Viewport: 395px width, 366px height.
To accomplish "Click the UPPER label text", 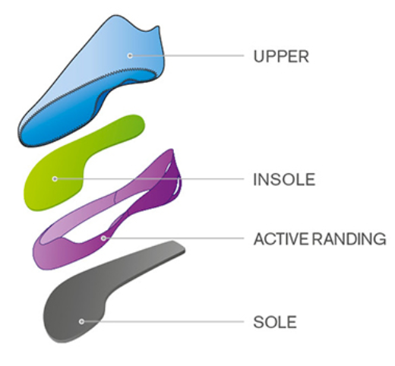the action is [281, 56].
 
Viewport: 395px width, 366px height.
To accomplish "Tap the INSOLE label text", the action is [284, 179].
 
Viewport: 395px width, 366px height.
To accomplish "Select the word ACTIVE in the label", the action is [281, 239].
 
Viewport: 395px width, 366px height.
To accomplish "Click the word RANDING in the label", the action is [349, 239].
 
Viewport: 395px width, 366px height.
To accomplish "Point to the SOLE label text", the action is [275, 322].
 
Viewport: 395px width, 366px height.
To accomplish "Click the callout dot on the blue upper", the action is [130, 55].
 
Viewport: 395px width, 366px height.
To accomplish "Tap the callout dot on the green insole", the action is [55, 179].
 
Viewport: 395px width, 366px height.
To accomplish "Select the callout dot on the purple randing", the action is [103, 238].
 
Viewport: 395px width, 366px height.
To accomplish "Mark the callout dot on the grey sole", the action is [81, 321].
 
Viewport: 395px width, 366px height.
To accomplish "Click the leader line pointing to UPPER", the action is [187, 55].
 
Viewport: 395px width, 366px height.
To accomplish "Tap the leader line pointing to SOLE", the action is [163, 321].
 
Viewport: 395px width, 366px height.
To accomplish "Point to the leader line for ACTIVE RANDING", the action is [174, 238].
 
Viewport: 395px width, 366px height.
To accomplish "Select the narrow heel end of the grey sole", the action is [176, 248].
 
